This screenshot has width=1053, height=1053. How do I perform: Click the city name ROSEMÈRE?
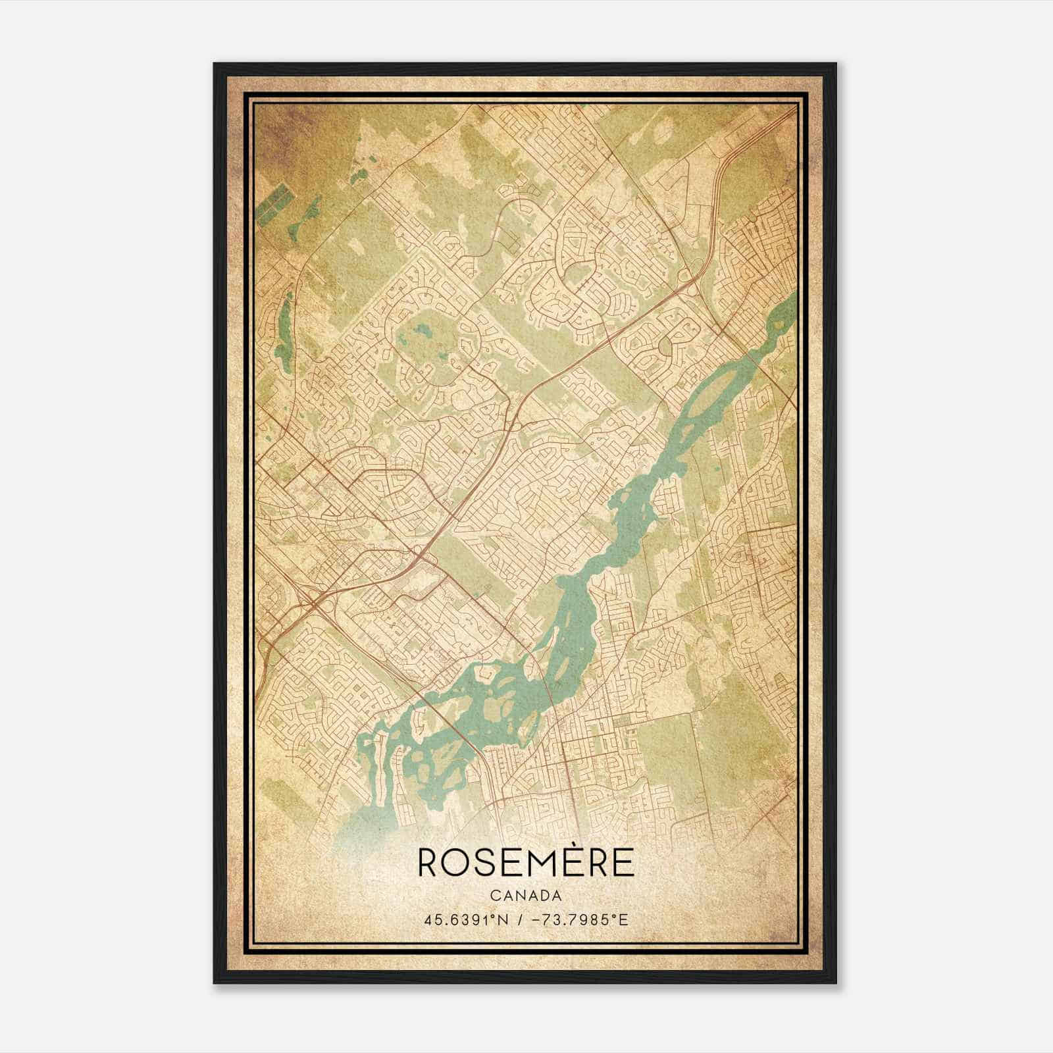click(526, 862)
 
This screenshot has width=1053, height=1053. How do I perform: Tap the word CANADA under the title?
click(526, 896)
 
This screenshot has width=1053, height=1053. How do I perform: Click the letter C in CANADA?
click(494, 896)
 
